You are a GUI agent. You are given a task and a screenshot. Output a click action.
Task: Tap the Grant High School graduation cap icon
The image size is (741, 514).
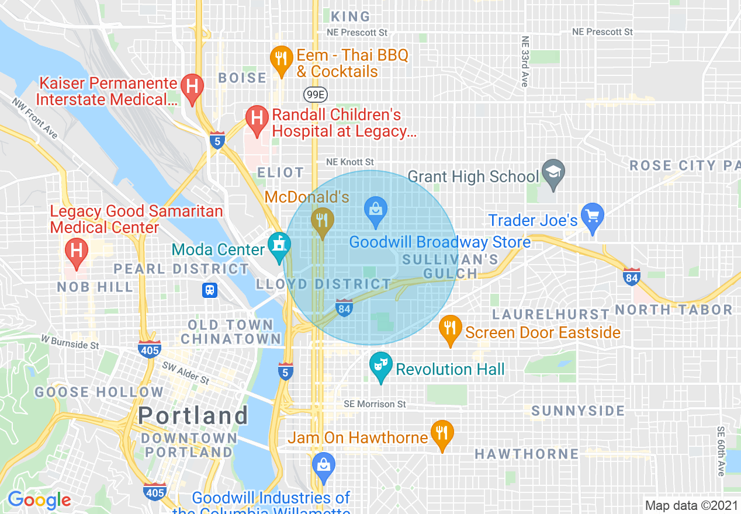(x=552, y=172)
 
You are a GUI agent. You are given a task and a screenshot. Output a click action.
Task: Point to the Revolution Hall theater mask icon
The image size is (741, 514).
(x=380, y=366)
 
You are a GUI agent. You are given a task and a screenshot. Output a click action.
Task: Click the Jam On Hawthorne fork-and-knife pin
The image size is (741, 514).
(x=442, y=433)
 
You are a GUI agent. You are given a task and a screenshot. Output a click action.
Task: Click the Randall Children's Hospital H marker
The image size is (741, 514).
(x=257, y=119)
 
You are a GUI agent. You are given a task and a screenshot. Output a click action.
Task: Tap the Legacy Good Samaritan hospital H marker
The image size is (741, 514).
(x=75, y=252)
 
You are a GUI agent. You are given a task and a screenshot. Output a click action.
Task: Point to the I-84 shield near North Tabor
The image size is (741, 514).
(x=632, y=276)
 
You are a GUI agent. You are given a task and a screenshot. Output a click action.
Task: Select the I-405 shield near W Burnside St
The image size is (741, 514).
(x=150, y=349)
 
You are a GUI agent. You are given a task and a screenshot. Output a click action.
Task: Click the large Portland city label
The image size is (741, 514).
(x=193, y=416)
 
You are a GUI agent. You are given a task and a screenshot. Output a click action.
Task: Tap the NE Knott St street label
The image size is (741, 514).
(x=349, y=162)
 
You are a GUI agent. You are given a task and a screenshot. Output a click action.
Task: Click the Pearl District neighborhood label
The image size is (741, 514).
(x=181, y=269)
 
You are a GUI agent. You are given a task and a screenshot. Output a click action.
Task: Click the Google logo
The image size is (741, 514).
(x=39, y=500)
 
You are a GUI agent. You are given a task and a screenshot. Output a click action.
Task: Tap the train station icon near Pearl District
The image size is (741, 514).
(x=210, y=290)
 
